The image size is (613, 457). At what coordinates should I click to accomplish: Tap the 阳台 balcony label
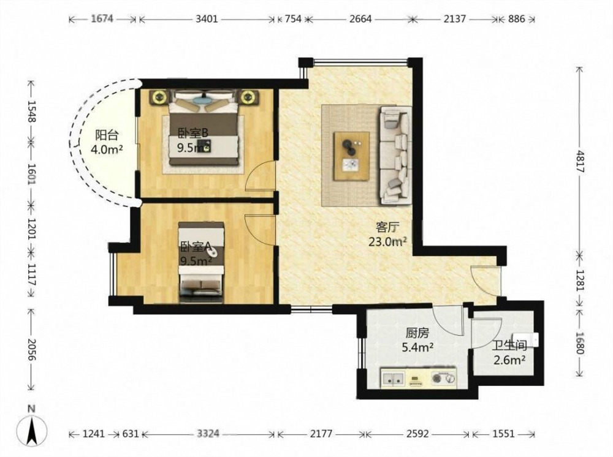pyautogui.click(x=107, y=135)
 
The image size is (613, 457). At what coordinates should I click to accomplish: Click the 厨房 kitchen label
pyautogui.click(x=417, y=333)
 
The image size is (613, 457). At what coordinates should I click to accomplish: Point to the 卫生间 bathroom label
pyautogui.click(x=509, y=346)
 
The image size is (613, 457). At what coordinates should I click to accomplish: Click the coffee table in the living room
pyautogui.click(x=352, y=156)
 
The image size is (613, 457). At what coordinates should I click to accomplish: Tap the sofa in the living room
pyautogui.click(x=395, y=155)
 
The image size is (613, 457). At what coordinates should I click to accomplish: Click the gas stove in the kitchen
pyautogui.click(x=444, y=378)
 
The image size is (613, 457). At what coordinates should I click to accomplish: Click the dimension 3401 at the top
pyautogui.click(x=207, y=19)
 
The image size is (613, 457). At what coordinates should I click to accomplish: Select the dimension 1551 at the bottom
pyautogui.click(x=503, y=434)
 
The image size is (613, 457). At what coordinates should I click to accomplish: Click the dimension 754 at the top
pyautogui.click(x=293, y=19)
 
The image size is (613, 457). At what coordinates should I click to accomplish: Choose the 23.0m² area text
pyautogui.click(x=388, y=242)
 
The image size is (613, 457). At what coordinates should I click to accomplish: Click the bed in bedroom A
pyautogui.click(x=201, y=262)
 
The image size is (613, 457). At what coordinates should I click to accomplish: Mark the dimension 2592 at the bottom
pyautogui.click(x=417, y=434)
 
